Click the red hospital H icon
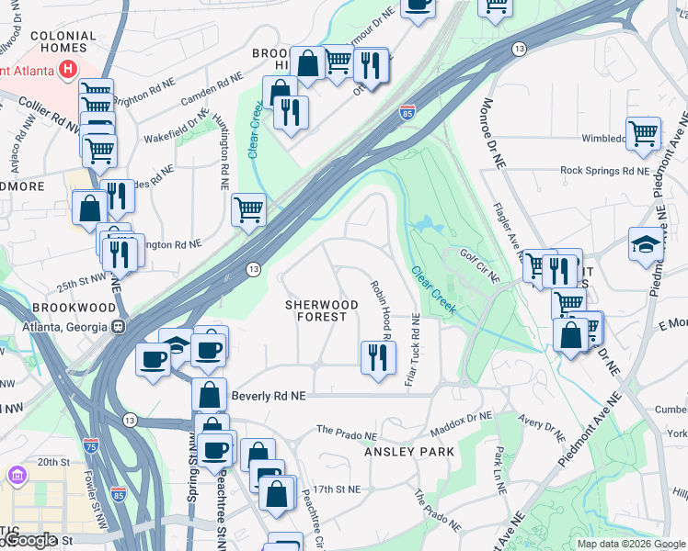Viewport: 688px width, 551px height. click(x=67, y=69)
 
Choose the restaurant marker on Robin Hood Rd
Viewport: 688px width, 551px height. click(x=377, y=356)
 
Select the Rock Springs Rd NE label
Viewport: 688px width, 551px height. click(x=604, y=171)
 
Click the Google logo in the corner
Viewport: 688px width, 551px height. click(x=31, y=540)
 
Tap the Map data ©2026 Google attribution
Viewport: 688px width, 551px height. click(x=631, y=544)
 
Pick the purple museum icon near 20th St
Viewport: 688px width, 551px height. click(x=16, y=475)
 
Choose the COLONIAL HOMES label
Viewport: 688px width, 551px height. click(x=63, y=41)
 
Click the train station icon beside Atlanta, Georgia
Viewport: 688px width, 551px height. click(x=118, y=327)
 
